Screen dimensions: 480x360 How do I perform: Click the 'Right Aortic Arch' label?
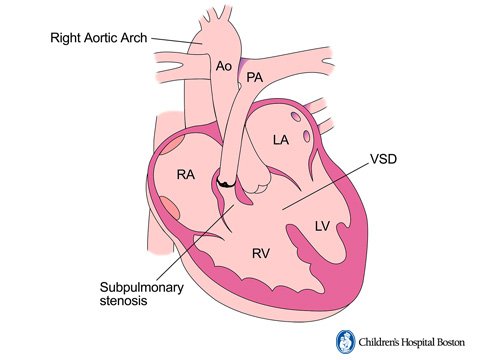coord(98,38)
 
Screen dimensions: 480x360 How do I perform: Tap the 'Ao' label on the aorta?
coord(225,66)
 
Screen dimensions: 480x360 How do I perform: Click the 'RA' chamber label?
coord(185,175)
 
